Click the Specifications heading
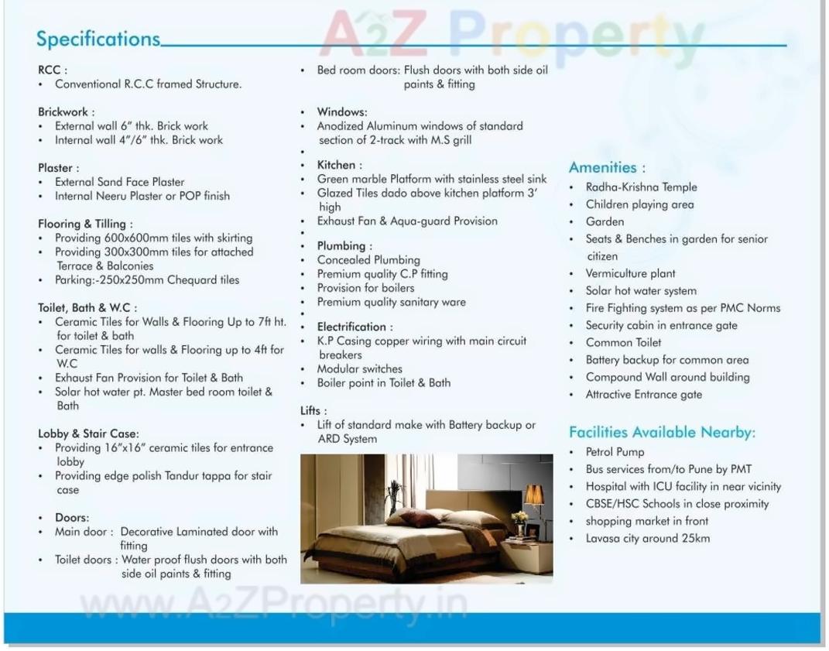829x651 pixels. tap(98, 39)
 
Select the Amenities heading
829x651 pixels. tap(607, 167)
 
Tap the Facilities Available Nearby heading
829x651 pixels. tap(662, 432)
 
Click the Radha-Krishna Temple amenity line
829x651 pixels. tap(641, 187)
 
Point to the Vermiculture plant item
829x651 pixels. tap(630, 273)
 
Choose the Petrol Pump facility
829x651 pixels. tap(615, 452)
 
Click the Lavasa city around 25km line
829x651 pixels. tap(647, 538)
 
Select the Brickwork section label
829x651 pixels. tap(67, 111)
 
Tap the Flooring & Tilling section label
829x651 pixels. tap(85, 224)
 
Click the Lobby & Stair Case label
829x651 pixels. tap(88, 433)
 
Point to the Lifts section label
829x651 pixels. tap(313, 410)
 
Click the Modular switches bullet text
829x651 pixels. tap(360, 368)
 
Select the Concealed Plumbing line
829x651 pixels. tap(368, 260)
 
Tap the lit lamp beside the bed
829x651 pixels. tap(534, 495)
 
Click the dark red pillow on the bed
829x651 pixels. tap(419, 518)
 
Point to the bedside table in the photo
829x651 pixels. tap(527, 556)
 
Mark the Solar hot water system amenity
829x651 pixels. tap(641, 291)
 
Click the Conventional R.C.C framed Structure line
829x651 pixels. tap(148, 84)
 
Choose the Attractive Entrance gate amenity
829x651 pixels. tap(644, 394)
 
